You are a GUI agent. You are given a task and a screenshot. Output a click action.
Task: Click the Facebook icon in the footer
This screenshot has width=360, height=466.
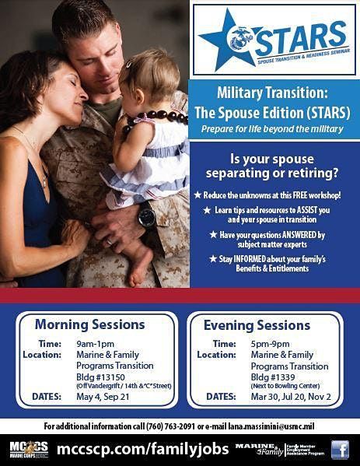coord(340,449)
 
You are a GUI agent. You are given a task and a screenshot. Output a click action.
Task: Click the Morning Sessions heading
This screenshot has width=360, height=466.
coord(89,324)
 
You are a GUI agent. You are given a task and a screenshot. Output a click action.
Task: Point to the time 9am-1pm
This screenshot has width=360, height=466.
coord(96,343)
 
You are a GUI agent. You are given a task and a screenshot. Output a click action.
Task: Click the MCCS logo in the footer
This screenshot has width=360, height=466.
coord(28,449)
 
